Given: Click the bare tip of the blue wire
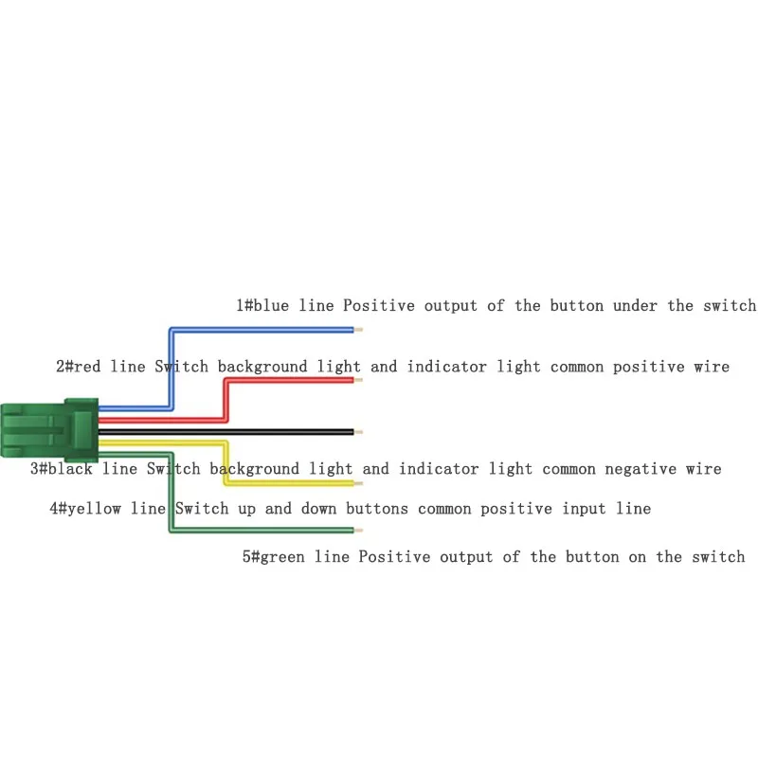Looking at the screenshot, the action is coord(358,330).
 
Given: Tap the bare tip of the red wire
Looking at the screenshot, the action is coord(358,381).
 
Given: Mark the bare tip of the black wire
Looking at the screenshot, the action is coord(358,432).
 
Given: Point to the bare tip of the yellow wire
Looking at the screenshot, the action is coord(358,483).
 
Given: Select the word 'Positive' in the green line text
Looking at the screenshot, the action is coord(391,556).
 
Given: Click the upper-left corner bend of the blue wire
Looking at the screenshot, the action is coord(171,330).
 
